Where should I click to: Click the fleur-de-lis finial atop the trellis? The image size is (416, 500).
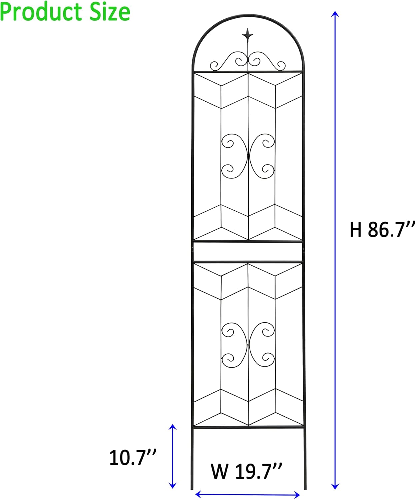click(248, 35)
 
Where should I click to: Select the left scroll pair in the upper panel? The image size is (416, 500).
click(233, 156)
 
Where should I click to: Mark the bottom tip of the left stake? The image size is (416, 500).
click(192, 489)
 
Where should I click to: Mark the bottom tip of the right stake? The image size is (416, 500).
click(305, 489)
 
